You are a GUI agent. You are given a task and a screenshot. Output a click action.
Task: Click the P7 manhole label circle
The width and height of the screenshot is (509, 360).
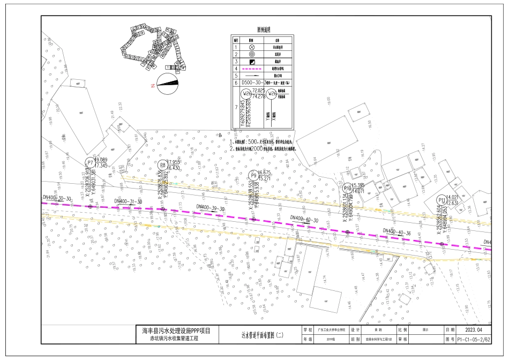pyautogui.click(x=90, y=163)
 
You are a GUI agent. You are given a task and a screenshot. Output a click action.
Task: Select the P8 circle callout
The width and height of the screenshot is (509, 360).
pyautogui.click(x=163, y=165)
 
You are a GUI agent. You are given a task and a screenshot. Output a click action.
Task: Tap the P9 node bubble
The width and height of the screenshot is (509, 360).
pyautogui.click(x=253, y=175)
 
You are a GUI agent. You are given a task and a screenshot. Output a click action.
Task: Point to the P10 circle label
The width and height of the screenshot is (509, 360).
pyautogui.click(x=348, y=188)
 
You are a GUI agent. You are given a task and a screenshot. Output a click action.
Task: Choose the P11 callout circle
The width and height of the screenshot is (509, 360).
pyautogui.click(x=441, y=200)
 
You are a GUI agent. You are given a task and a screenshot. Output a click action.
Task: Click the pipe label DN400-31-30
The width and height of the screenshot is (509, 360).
pyautogui.click(x=128, y=201)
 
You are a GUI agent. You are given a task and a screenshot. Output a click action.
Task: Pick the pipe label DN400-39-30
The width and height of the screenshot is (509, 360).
pyautogui.click(x=210, y=207)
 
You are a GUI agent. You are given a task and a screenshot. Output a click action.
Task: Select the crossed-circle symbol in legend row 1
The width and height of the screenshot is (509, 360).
pyautogui.click(x=251, y=47)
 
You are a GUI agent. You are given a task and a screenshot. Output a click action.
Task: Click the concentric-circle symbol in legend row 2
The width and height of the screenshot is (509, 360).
pyautogui.click(x=251, y=54)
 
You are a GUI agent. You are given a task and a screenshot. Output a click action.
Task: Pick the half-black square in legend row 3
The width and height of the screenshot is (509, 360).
pyautogui.click(x=251, y=62)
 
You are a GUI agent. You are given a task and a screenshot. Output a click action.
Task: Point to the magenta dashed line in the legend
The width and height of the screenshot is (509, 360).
pyautogui.click(x=251, y=69)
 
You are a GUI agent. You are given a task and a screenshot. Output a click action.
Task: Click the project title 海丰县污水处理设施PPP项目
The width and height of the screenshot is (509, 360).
pyautogui.click(x=177, y=331)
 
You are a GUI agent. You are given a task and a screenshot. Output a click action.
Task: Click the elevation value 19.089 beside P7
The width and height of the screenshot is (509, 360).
pyautogui.click(x=101, y=160)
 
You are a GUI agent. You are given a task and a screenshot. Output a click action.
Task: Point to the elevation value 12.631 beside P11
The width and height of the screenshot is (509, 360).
pyautogui.click(x=453, y=203)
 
